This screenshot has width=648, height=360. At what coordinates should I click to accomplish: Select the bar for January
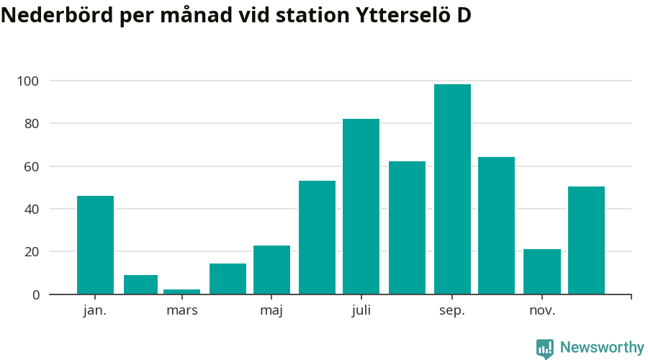[x=95, y=245]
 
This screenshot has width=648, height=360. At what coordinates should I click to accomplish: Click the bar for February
[x=140, y=284]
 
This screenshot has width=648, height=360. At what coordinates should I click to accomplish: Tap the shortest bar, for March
[x=181, y=292]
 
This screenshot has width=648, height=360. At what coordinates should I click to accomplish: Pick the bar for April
[x=228, y=279]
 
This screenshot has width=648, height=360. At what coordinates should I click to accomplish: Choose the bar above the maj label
[x=271, y=270]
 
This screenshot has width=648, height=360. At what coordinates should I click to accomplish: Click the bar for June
[x=317, y=238]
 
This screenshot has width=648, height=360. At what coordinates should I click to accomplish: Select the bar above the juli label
[x=361, y=207]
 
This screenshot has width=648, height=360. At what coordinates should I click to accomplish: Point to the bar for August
[x=407, y=228]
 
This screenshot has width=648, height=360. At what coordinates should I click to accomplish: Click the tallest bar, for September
[x=452, y=189]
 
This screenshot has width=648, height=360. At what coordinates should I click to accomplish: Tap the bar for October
[x=496, y=225]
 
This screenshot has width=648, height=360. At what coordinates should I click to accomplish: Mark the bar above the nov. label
[x=541, y=271]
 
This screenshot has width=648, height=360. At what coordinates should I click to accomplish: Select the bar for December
[x=586, y=240]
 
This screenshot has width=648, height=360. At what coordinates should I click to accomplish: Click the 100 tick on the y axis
[x=29, y=81]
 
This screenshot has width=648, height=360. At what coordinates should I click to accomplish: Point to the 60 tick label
[x=31, y=166]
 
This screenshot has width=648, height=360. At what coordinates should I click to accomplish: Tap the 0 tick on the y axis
[x=35, y=294]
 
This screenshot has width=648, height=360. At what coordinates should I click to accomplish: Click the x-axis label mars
[x=181, y=311]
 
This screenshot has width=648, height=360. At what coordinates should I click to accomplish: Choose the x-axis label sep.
[x=452, y=311]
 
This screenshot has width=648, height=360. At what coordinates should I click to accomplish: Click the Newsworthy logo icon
[x=545, y=348]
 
